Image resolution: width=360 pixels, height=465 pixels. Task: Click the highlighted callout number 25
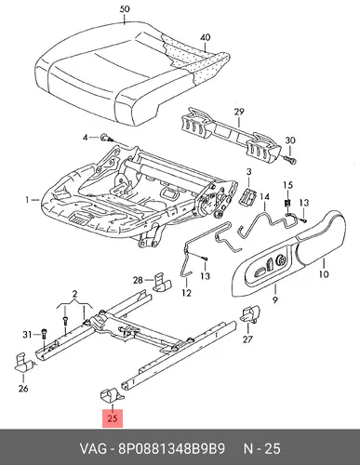[x=113, y=418]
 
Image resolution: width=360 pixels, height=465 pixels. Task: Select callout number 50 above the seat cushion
[x=125, y=9]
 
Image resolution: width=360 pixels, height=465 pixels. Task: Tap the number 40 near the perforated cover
[x=205, y=37]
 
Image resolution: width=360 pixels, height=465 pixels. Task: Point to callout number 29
[x=239, y=112]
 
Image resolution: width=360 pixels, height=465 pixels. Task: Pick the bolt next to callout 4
[x=106, y=139]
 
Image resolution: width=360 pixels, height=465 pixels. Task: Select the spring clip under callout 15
[x=287, y=203]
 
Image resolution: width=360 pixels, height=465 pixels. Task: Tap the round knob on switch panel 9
[x=282, y=259]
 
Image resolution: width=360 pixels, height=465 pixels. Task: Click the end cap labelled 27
[x=250, y=314]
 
